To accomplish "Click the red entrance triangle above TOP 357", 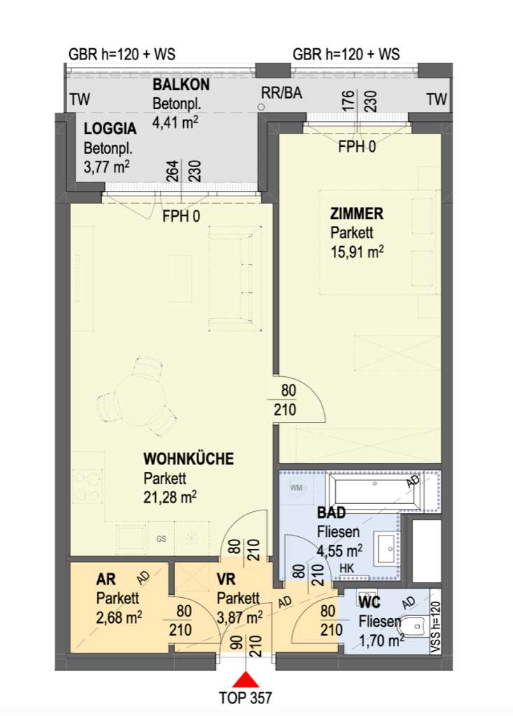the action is [x=245, y=680].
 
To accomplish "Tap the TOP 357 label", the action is [x=245, y=698].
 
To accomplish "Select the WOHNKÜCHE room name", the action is [x=189, y=459].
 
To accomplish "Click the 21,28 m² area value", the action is [x=170, y=496].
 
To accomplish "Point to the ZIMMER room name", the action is [x=356, y=213].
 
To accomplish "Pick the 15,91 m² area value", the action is [x=357, y=252].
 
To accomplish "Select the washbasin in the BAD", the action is [x=386, y=547].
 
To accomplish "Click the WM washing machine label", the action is [x=296, y=487].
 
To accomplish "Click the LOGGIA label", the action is [x=110, y=129].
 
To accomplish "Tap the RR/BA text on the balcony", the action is [x=282, y=93].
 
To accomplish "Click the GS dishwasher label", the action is [x=161, y=539].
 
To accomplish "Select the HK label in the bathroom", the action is [x=347, y=568].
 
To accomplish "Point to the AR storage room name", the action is [x=106, y=580].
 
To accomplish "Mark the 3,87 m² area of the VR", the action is [x=240, y=618].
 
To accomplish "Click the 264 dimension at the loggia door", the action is [x=173, y=171].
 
